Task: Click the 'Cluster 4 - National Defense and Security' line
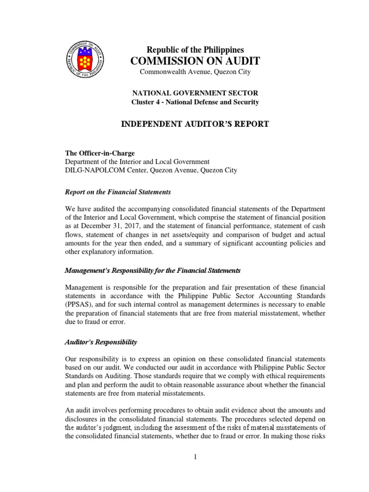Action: point(195,102)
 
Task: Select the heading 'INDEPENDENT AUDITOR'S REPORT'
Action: point(195,124)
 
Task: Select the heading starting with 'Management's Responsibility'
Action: point(152,271)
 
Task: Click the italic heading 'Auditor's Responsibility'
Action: point(101,342)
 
